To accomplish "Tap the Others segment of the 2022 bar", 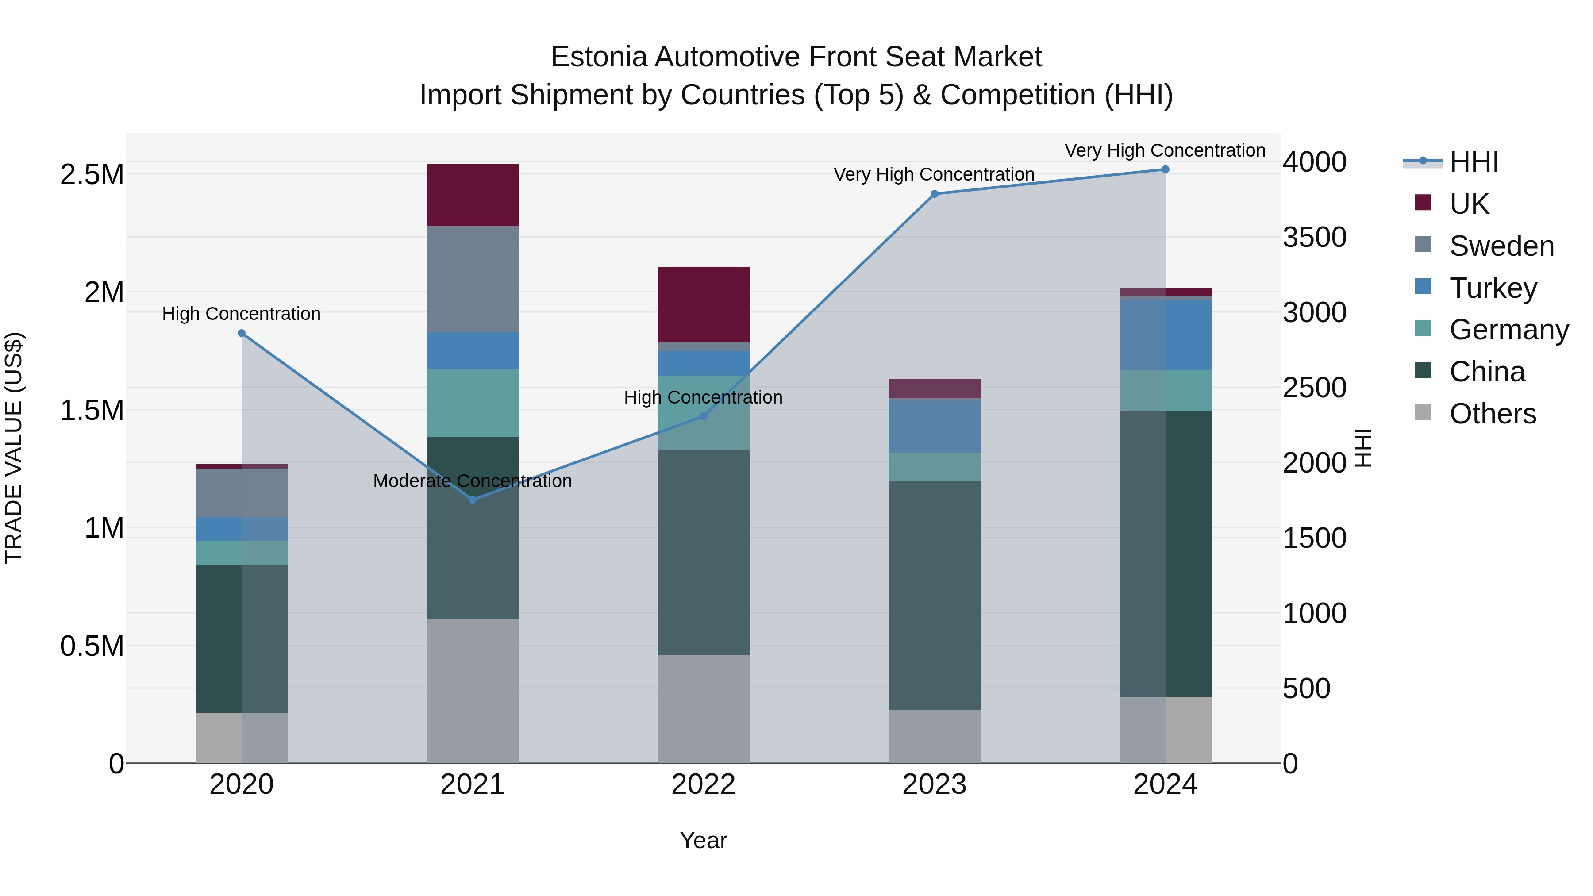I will [x=703, y=709].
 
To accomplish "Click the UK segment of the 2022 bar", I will [x=703, y=304].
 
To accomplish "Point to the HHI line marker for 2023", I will [x=935, y=194].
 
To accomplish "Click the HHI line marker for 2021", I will [x=473, y=500].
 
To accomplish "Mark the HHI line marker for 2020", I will [x=242, y=333].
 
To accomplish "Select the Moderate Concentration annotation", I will [x=473, y=481].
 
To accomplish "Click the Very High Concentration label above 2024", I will [x=1165, y=150].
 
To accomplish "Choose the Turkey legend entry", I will [x=1493, y=288].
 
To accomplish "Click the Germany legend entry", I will [x=1509, y=330].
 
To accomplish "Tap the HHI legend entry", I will [x=1473, y=162].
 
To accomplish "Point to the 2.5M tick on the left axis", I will [x=92, y=175].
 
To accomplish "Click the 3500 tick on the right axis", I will [x=1314, y=238].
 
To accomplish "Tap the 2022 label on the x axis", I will [x=703, y=784].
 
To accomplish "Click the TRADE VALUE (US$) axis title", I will [x=14, y=448].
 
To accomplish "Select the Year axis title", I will [x=703, y=840].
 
